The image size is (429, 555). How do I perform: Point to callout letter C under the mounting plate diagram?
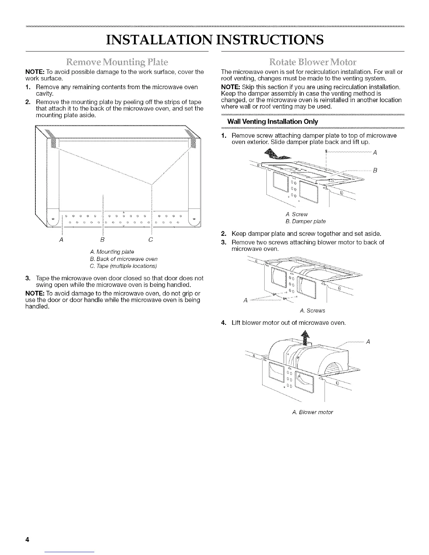point(151,240)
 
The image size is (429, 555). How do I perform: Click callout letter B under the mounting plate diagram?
point(103,240)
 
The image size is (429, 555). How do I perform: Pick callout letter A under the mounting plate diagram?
point(62,240)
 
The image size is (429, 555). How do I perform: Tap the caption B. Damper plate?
point(306,221)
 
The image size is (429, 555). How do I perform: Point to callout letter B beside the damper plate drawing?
point(375,170)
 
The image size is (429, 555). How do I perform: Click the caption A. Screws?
point(313,310)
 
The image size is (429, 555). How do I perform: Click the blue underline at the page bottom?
point(70,552)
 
